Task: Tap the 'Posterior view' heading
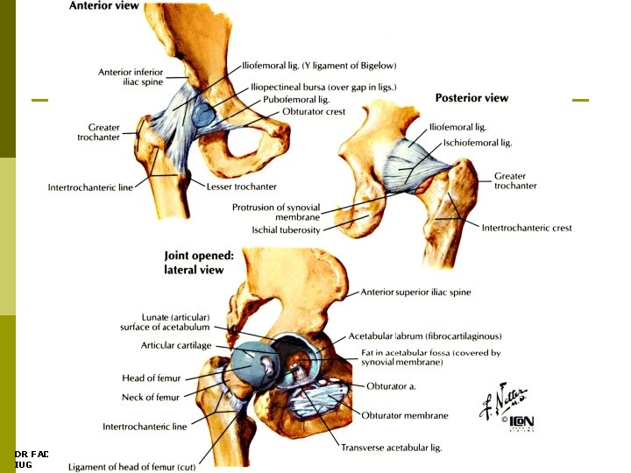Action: click(x=471, y=97)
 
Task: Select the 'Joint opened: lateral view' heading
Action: click(x=199, y=263)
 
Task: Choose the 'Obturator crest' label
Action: click(x=314, y=112)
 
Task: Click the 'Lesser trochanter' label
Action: click(x=241, y=187)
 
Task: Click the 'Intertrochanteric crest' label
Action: click(x=527, y=229)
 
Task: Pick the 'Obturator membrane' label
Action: click(x=407, y=415)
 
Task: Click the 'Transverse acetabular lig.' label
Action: click(x=391, y=448)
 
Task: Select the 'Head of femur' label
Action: click(x=151, y=378)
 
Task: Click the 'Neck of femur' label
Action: click(x=150, y=398)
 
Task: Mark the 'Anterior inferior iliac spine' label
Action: click(x=131, y=78)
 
